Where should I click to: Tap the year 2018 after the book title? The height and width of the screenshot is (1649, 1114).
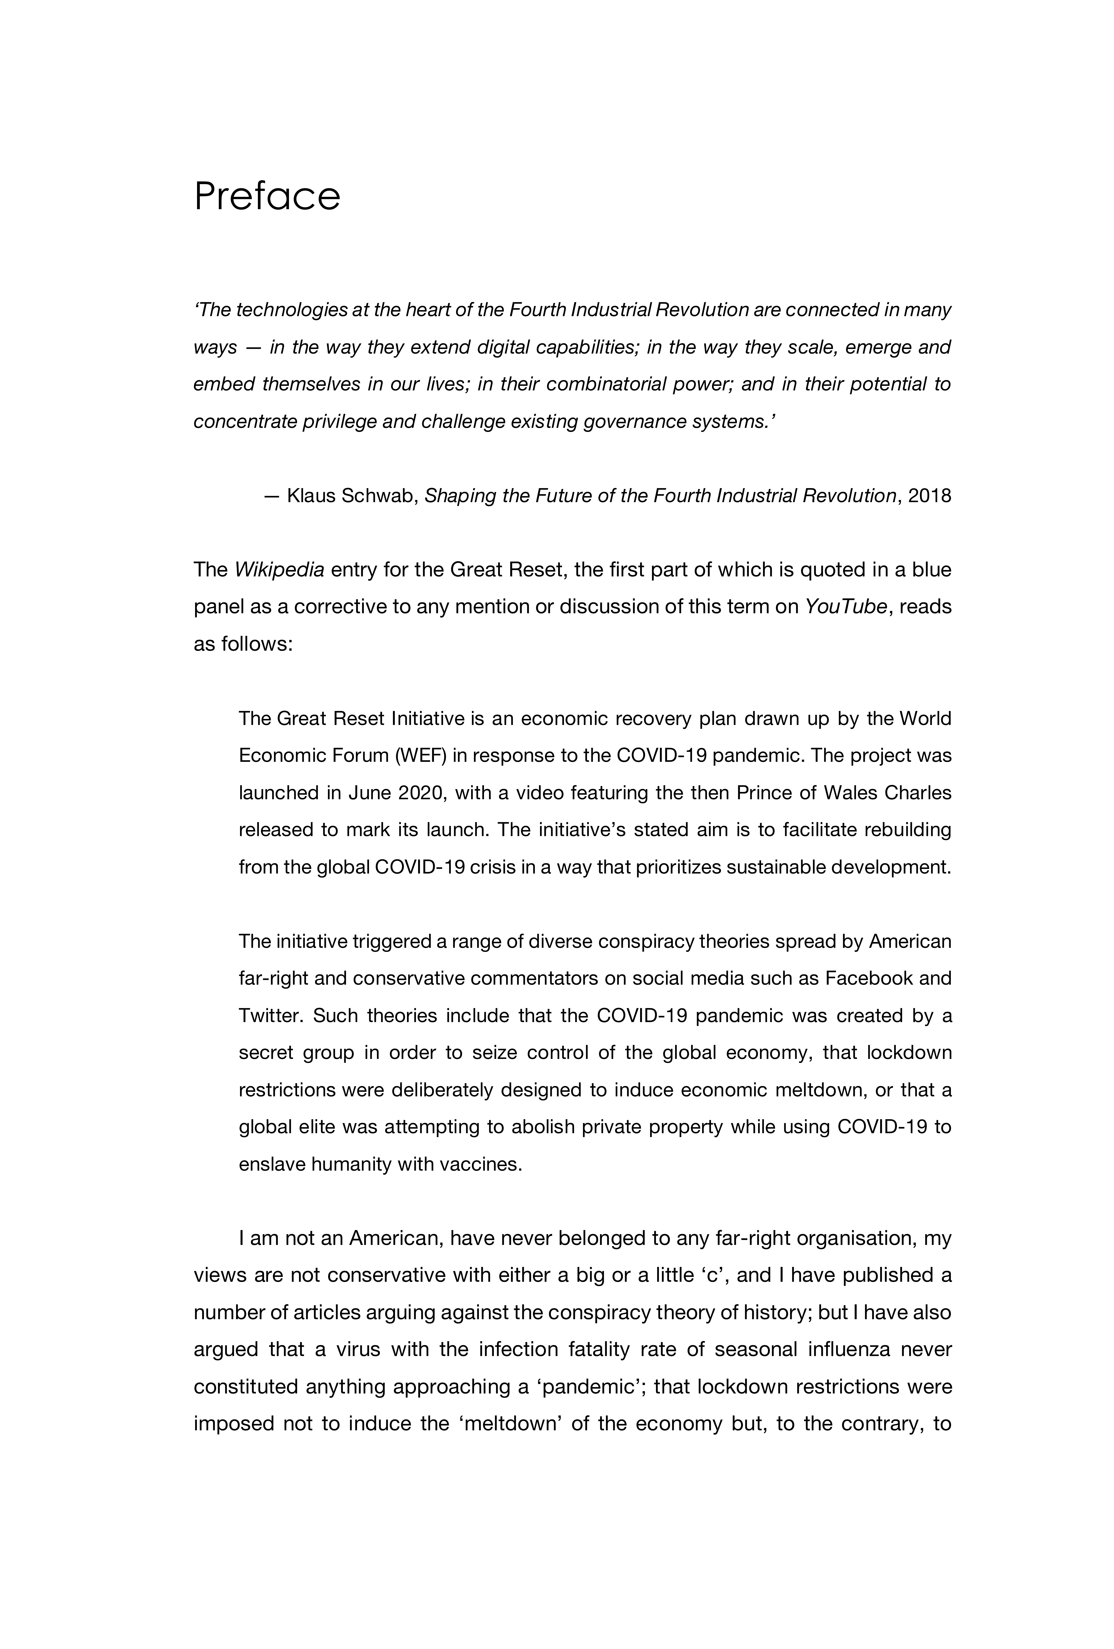pyautogui.click(x=929, y=495)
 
